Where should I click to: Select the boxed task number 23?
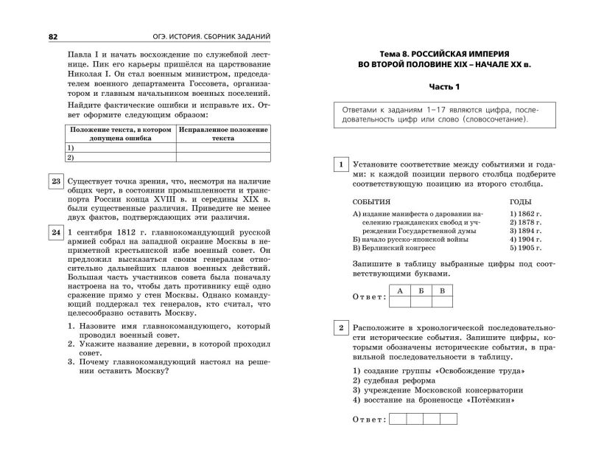click(55, 181)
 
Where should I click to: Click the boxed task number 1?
click(340, 164)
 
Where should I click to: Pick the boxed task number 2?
click(340, 327)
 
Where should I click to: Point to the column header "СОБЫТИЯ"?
click(371, 201)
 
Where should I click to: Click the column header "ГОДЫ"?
click(520, 201)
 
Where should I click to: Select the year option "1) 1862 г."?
click(525, 213)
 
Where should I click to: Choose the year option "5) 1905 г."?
click(525, 249)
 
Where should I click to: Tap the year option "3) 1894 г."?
click(525, 231)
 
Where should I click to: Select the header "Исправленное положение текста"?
click(222, 133)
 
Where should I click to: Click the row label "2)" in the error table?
click(71, 157)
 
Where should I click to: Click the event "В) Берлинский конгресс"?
click(395, 249)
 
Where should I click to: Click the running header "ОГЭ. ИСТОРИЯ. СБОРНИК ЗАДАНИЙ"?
click(207, 36)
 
